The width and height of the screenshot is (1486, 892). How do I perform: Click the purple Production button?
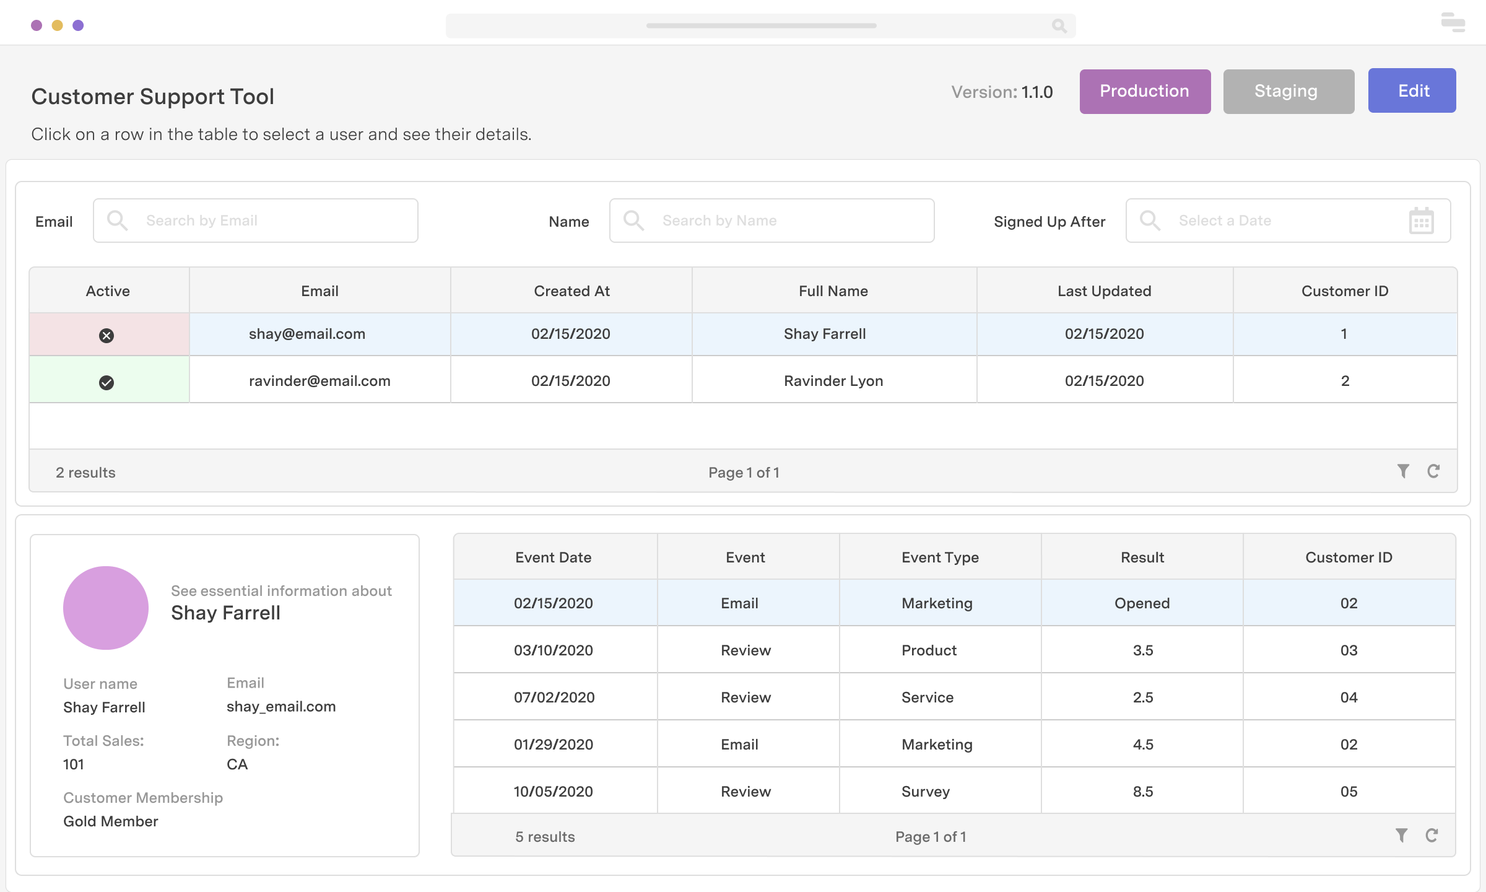coord(1145,92)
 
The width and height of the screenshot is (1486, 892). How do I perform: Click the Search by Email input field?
coord(255,221)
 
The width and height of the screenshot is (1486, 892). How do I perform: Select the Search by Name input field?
coord(771,221)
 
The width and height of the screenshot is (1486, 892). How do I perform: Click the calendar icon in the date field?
coord(1421,221)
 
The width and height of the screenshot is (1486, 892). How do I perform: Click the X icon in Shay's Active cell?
coord(106,336)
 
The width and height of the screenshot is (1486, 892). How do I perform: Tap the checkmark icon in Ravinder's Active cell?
coord(106,383)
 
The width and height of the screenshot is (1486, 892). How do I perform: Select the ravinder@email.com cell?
coord(319,381)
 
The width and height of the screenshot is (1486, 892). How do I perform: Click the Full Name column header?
coord(833,291)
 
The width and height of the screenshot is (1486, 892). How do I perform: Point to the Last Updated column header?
coord(1104,291)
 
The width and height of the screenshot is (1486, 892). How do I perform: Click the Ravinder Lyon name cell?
coord(833,381)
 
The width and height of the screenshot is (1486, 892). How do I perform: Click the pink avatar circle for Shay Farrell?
coord(106,608)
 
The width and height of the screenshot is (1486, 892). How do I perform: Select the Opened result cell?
coord(1142,603)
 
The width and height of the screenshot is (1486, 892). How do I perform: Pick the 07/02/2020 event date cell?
coord(554,697)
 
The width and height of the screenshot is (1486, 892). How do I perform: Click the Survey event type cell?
coord(925,792)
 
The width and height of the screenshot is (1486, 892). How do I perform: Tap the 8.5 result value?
coord(1142,792)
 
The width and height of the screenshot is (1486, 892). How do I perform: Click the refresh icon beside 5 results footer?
coord(1432,836)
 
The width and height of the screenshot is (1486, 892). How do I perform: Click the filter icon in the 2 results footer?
coord(1403,471)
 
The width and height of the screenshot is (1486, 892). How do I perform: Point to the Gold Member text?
coord(111,821)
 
